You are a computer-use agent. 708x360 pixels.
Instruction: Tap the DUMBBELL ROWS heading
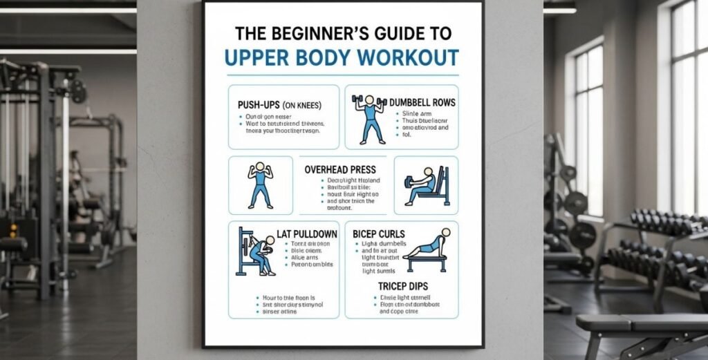[x=422, y=102]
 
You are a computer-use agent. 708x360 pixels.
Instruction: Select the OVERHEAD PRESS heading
[x=340, y=169]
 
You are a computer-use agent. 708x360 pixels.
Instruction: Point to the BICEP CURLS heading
[x=379, y=234]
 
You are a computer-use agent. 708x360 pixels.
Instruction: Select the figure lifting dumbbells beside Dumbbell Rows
[x=369, y=118]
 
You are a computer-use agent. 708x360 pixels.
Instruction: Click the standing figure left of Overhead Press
[x=260, y=184]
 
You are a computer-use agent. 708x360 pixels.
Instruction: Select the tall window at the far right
[x=689, y=117]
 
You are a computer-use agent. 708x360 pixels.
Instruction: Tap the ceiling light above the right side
[x=559, y=10]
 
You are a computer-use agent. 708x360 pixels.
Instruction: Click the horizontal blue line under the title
[x=342, y=75]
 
